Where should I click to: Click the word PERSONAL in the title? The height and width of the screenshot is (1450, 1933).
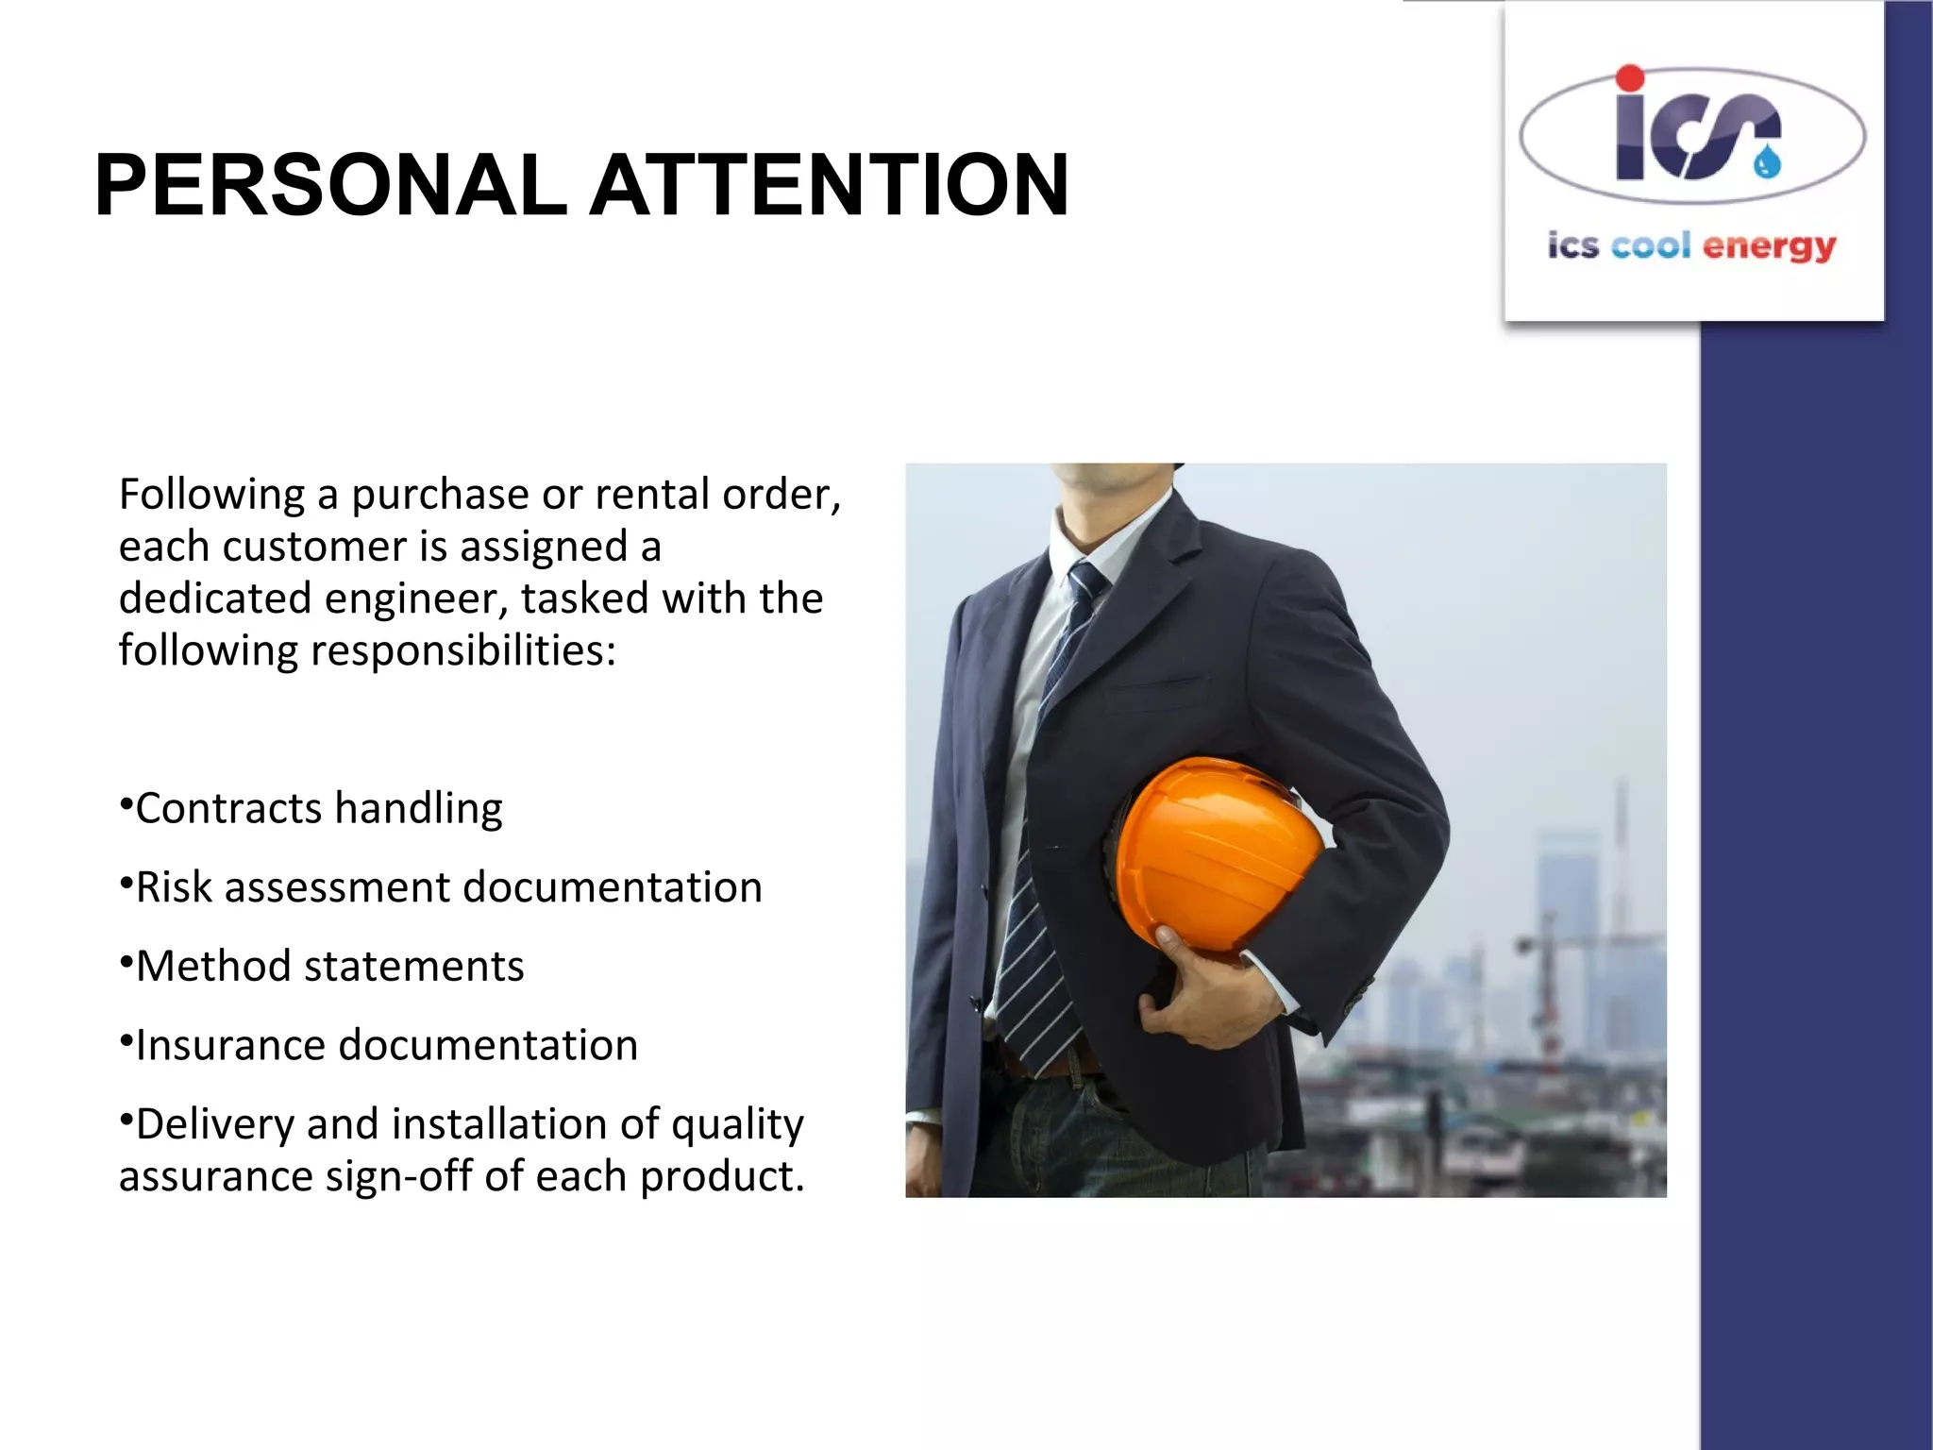tap(330, 185)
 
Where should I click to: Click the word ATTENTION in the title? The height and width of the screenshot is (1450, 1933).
tap(831, 185)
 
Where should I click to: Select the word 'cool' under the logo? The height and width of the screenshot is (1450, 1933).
tap(1651, 245)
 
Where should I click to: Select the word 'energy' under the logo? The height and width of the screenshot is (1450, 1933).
tap(1770, 247)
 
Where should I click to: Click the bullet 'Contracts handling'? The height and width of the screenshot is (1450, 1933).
tap(318, 809)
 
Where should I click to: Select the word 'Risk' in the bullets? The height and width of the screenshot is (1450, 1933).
tap(174, 888)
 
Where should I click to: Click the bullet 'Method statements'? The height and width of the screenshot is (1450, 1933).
tap(329, 967)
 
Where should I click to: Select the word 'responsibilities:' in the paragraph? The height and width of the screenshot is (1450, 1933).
tap(462, 651)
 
